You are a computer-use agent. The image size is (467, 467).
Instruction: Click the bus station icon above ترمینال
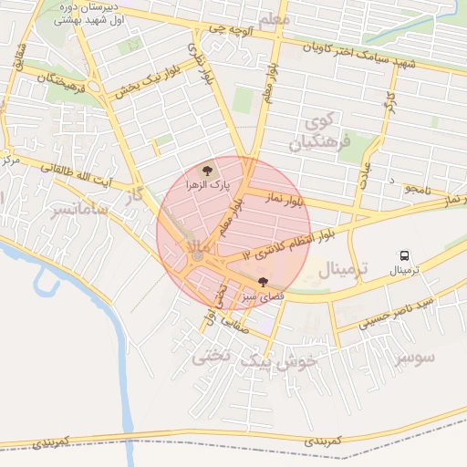[405, 256]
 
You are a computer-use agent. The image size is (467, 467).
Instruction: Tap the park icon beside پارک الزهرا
[207, 170]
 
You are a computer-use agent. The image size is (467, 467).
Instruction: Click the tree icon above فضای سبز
[264, 283]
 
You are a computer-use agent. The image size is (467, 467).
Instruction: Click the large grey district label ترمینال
[342, 269]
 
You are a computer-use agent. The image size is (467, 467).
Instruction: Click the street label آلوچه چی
[228, 29]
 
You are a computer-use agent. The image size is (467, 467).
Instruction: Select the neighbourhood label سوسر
[415, 356]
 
